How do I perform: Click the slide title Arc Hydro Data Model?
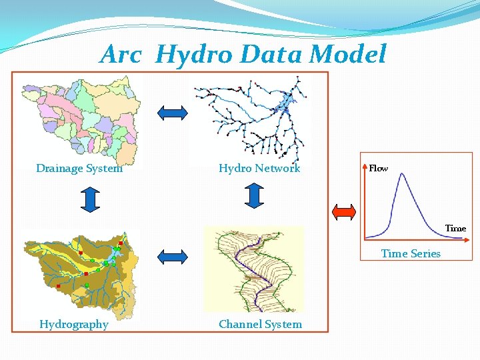pyautogui.click(x=243, y=55)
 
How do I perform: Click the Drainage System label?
pyautogui.click(x=79, y=169)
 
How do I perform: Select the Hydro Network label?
pyautogui.click(x=259, y=169)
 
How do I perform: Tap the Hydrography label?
pyautogui.click(x=74, y=325)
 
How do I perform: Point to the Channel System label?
pyautogui.click(x=260, y=325)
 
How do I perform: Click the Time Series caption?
pyautogui.click(x=411, y=253)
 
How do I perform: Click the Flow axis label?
pyautogui.click(x=379, y=169)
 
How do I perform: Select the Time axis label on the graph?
pyautogui.click(x=455, y=228)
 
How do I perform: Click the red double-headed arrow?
pyautogui.click(x=345, y=212)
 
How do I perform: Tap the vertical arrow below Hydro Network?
pyautogui.click(x=254, y=194)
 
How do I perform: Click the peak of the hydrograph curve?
pyautogui.click(x=401, y=174)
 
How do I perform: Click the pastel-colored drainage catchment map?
pyautogui.click(x=80, y=120)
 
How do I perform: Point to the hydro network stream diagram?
pyautogui.click(x=250, y=118)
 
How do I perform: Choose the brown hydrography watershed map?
pyautogui.click(x=80, y=273)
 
